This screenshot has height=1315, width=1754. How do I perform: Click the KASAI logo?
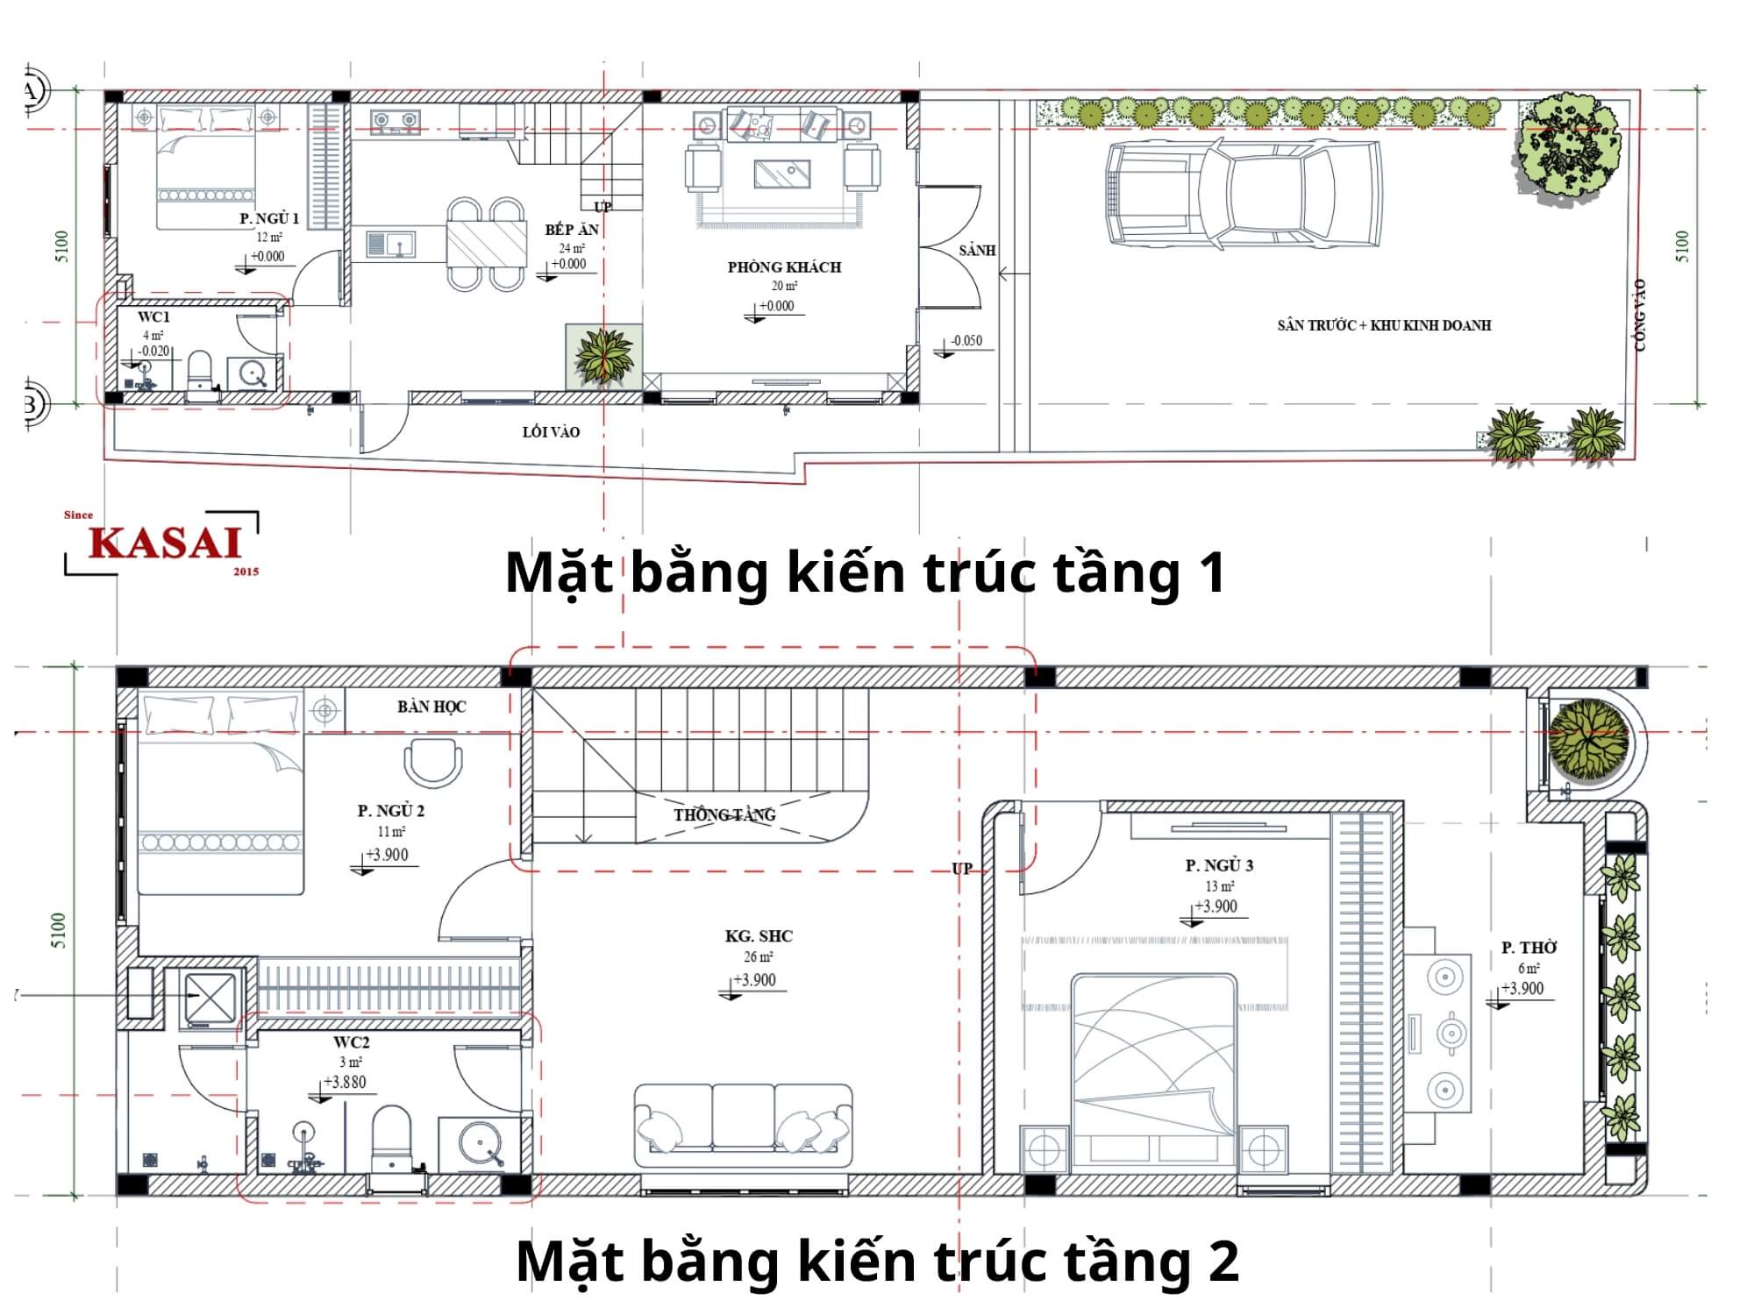coord(164,543)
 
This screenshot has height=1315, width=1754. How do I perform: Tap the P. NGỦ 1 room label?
coord(269,218)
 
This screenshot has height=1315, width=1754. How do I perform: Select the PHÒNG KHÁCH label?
coord(784,267)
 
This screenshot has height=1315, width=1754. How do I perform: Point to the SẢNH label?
coord(977,251)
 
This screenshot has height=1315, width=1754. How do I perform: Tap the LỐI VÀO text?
coord(551,431)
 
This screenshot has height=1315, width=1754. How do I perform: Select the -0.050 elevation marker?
coord(966,341)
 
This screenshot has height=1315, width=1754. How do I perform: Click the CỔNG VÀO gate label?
coord(1640,316)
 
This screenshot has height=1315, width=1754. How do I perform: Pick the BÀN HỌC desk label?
coord(431,707)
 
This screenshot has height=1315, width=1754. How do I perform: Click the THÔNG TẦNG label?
coord(724,815)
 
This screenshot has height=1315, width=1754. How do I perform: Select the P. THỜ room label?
coord(1529,948)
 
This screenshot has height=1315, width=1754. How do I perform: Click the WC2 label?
coord(351,1042)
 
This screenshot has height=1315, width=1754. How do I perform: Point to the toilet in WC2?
coord(392,1137)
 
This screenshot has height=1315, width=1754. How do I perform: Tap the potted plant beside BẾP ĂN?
coord(603,356)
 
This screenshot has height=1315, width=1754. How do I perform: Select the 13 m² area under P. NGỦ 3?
coord(1218,886)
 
